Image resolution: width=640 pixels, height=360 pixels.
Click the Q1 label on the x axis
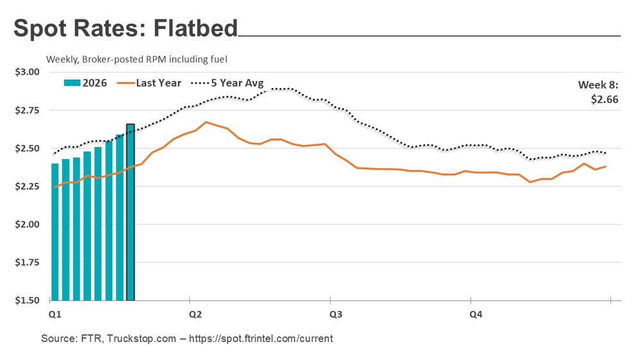point(55,314)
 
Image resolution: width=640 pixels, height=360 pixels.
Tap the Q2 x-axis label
point(195,314)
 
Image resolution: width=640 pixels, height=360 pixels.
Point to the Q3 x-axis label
point(335,314)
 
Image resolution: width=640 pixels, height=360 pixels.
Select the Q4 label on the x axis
point(476,314)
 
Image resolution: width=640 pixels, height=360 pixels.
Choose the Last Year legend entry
point(158,83)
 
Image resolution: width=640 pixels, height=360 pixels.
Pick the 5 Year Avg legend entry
point(237,83)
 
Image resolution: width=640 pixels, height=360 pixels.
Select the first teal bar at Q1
point(55,232)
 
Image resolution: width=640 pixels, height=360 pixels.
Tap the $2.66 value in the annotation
point(607,99)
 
